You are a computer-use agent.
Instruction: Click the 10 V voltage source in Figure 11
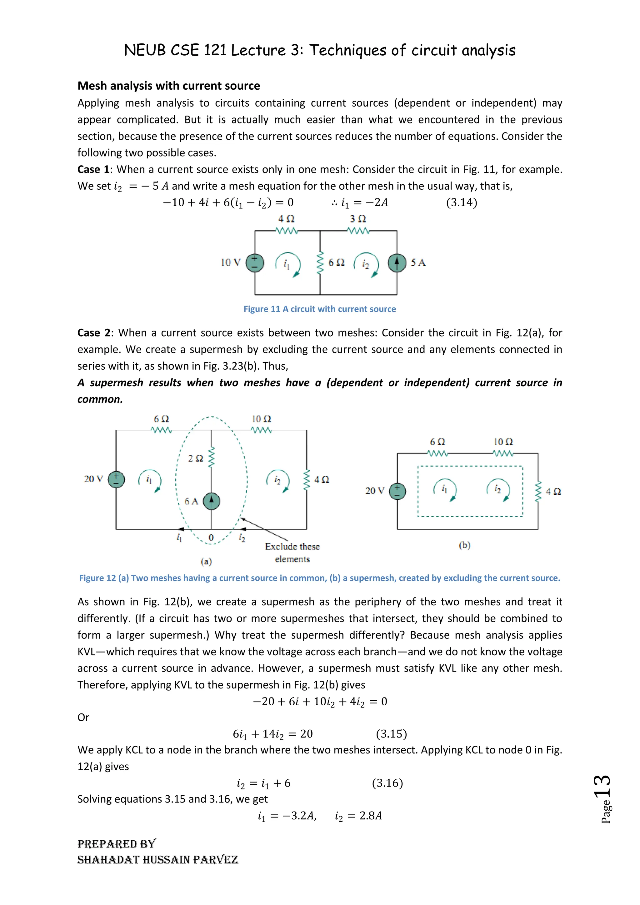click(x=255, y=263)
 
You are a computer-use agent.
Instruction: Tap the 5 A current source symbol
click(x=397, y=263)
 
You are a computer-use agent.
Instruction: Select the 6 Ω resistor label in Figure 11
click(x=336, y=262)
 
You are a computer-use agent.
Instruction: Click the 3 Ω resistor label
click(x=358, y=219)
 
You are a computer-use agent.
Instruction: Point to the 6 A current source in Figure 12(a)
click(x=212, y=501)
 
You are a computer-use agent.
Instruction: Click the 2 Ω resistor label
click(x=195, y=458)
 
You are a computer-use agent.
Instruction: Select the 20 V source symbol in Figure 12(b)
click(x=397, y=491)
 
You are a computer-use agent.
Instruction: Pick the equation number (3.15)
click(x=391, y=734)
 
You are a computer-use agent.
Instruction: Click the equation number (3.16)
click(x=387, y=783)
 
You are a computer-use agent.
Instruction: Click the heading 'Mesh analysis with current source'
click(x=169, y=86)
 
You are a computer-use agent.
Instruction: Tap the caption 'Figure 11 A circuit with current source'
click(x=320, y=309)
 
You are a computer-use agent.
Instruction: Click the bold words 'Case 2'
click(x=94, y=333)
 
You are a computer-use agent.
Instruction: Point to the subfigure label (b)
click(x=465, y=545)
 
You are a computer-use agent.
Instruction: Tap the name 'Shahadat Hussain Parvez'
click(x=157, y=860)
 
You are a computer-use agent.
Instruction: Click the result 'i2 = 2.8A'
click(x=358, y=816)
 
